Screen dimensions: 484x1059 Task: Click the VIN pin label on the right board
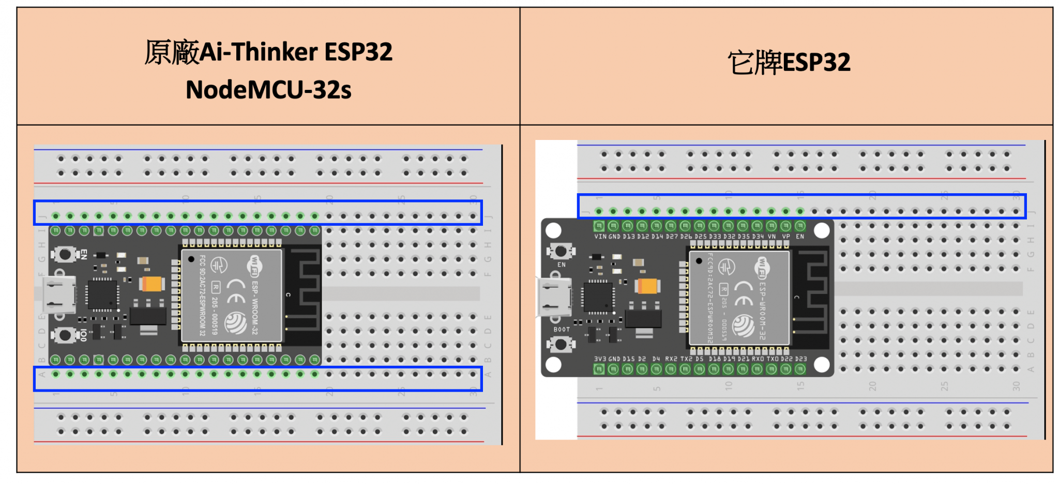pos(600,237)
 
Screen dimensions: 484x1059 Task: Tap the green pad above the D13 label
pos(628,226)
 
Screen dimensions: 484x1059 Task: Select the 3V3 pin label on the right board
pos(600,358)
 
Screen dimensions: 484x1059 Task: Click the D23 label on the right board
pos(800,358)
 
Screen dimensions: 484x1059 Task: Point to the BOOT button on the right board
pos(561,344)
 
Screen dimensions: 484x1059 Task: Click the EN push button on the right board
pos(561,252)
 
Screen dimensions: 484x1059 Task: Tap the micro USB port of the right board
pos(554,298)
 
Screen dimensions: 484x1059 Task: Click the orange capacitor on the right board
pos(648,286)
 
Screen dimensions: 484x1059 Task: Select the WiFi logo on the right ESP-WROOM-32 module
pos(762,267)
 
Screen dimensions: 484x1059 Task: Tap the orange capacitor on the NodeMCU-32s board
pos(152,284)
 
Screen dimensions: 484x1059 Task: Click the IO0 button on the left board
pos(65,335)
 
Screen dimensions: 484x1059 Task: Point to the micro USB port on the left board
pos(58,295)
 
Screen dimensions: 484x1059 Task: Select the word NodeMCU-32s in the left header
pos(268,90)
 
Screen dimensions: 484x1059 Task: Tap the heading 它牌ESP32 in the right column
pos(789,63)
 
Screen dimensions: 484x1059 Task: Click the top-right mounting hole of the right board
pos(821,230)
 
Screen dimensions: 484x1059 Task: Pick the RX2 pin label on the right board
pos(671,358)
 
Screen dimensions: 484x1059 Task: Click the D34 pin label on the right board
pos(757,237)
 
